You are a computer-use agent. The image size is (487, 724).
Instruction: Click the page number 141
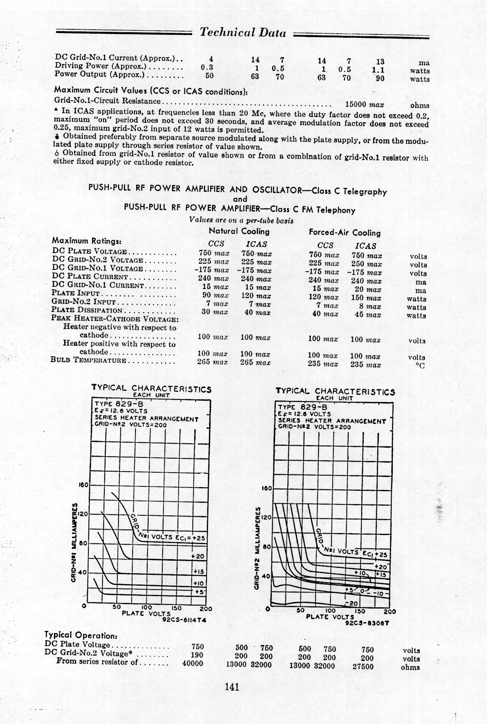click(232, 686)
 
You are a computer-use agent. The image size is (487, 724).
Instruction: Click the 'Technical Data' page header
click(243, 33)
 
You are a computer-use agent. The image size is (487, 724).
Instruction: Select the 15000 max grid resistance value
click(364, 105)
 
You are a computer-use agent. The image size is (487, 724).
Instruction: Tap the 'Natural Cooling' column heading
click(239, 231)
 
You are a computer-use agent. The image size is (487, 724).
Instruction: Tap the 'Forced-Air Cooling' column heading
click(345, 233)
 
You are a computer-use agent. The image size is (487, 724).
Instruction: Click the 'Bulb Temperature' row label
click(89, 360)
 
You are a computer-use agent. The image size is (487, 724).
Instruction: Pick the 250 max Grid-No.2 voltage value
click(366, 264)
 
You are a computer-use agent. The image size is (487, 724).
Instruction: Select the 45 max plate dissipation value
click(367, 315)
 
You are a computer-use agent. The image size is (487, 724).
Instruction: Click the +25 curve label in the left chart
click(199, 538)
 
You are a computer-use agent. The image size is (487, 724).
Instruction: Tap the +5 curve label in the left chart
click(199, 592)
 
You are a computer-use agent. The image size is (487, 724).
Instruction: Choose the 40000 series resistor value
click(192, 664)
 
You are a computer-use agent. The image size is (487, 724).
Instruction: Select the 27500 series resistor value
click(363, 666)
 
